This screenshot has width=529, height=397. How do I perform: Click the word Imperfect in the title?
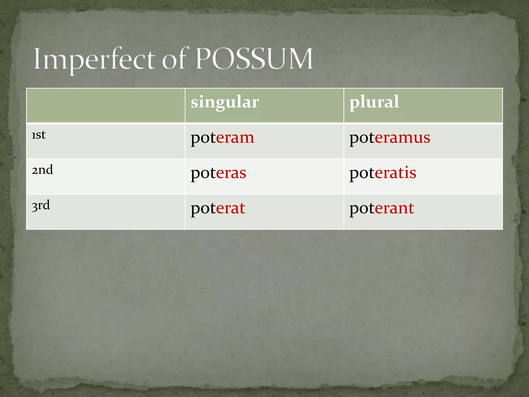94,60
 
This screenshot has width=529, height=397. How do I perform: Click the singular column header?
224,102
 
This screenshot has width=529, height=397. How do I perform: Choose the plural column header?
374,102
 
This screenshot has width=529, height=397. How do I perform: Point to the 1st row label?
38,135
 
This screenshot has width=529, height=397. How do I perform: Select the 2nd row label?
42,170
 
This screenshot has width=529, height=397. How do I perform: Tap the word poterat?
218,209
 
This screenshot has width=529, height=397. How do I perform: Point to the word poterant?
382,209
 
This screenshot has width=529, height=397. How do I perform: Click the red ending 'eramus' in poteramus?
402,138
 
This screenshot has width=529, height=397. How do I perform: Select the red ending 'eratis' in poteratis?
395,173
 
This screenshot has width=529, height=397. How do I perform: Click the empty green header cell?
106,105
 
